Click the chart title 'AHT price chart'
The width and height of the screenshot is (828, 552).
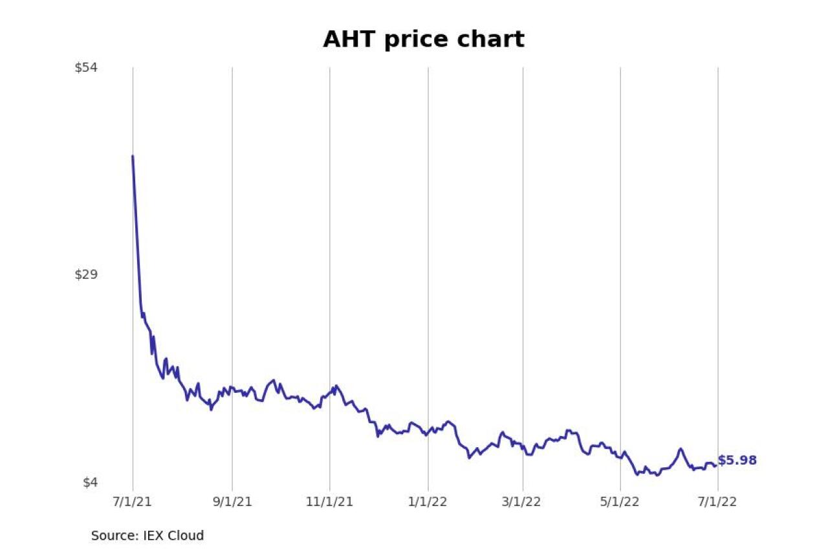[424, 40]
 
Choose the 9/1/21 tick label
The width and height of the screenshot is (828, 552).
[232, 502]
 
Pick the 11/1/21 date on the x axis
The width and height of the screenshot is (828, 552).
[330, 502]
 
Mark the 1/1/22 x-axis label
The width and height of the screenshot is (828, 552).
[428, 502]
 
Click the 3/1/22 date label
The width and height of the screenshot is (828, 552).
[523, 502]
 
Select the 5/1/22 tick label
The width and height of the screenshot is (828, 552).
[620, 502]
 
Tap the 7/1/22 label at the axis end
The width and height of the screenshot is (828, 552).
[717, 502]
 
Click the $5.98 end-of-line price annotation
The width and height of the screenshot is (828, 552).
[737, 461]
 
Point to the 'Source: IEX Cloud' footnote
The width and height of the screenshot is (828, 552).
[147, 536]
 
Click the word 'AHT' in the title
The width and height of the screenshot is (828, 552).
[350, 40]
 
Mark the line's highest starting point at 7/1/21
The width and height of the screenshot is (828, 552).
[133, 156]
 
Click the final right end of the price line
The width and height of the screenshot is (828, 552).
[715, 465]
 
